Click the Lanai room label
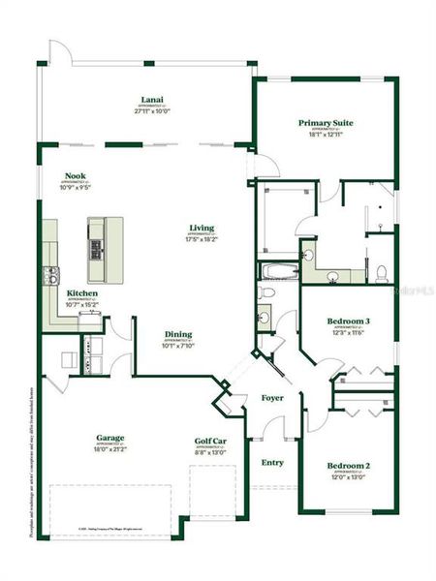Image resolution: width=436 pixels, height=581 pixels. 150,100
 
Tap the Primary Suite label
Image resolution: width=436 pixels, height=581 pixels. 325,123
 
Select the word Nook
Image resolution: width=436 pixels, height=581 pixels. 76,176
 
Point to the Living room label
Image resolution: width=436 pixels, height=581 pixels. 202,229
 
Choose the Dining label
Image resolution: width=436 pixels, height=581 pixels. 177,332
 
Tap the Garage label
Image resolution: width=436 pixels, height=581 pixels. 109,437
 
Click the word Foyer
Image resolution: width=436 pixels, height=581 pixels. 273,398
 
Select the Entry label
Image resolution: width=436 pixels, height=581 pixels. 272,462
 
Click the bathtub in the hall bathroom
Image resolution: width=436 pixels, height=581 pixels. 278,270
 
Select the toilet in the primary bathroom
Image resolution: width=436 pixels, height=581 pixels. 382,270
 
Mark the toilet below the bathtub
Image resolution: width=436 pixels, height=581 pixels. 265,291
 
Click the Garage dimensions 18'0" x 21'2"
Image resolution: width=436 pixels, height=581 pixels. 109,448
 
